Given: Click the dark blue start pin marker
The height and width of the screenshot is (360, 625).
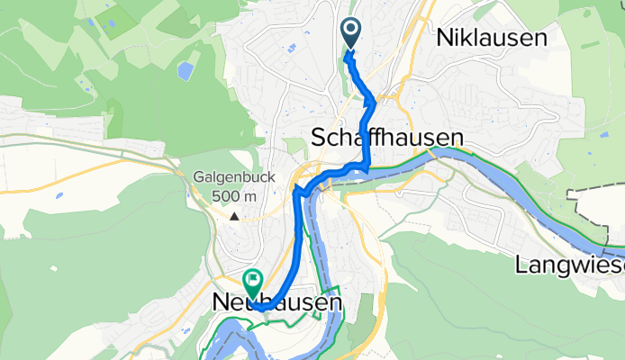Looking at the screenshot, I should [351, 33].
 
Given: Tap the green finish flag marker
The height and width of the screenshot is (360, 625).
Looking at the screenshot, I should [252, 282].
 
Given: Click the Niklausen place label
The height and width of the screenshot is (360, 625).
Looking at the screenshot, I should [492, 37].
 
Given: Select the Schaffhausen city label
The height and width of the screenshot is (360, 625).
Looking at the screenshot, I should [387, 137].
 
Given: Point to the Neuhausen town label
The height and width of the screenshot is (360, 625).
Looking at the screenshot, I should [277, 303].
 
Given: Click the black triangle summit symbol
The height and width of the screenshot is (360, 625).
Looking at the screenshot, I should [234, 216].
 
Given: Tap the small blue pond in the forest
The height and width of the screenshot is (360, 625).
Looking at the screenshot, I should [186, 70].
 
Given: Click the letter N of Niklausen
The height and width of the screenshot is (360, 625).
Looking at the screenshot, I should [445, 37].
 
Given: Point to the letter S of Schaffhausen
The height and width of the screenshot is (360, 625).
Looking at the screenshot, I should [319, 138].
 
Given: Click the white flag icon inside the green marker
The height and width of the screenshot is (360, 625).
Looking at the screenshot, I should [252, 279].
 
